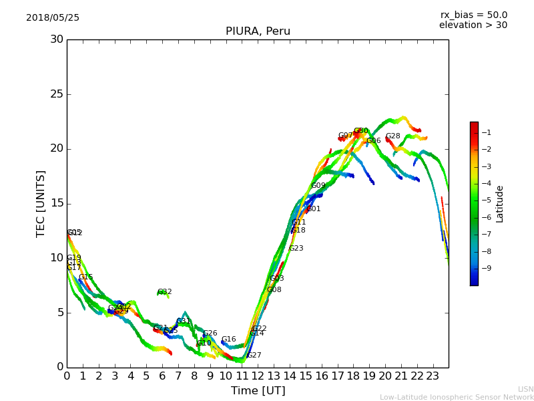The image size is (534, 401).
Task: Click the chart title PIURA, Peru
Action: point(258,31)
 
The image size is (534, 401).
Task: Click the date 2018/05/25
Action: point(53,18)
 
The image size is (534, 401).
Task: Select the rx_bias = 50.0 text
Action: point(473,15)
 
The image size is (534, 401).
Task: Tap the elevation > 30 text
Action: point(473,25)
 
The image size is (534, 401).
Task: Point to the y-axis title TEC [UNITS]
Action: point(41,203)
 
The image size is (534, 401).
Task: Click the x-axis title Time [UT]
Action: point(258,391)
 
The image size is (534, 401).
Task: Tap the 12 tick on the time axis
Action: point(258,376)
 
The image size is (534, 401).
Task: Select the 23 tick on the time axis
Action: point(433,376)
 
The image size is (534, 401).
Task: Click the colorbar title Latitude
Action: point(500,204)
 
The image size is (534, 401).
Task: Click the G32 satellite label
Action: point(165,292)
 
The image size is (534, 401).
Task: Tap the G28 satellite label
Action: point(393,136)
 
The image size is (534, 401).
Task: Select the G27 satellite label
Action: point(254,356)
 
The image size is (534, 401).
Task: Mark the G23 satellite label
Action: point(296,249)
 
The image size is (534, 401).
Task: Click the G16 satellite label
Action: point(229,340)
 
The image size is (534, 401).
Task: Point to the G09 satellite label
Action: point(318,186)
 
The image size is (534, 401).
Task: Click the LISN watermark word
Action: point(526,389)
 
